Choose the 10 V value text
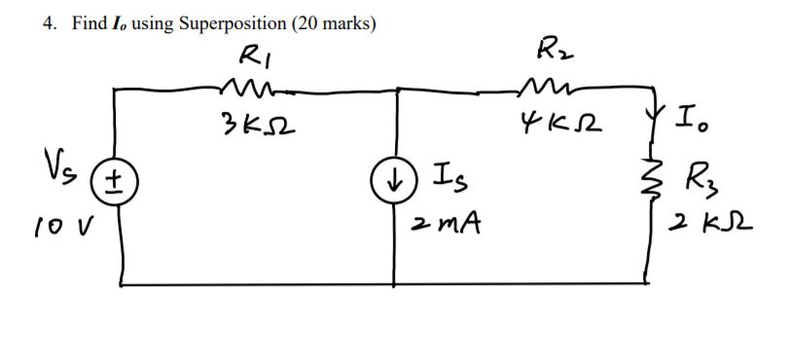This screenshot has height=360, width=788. tap(59, 231)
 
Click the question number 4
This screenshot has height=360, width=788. tap(49, 24)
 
